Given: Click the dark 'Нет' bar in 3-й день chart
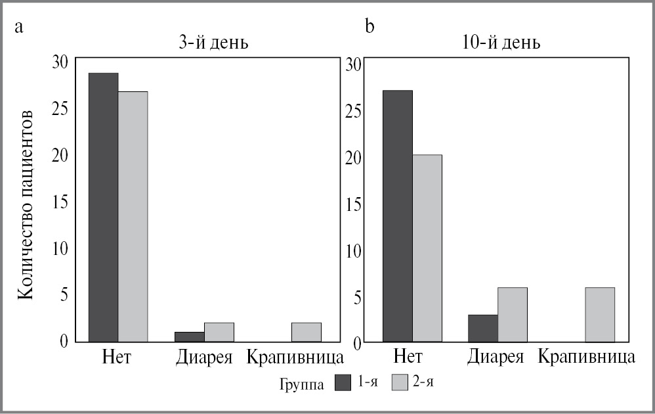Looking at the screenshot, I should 103,207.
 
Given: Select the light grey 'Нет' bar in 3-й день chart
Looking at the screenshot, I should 133,216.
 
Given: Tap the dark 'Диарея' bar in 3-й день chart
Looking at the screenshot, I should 189,336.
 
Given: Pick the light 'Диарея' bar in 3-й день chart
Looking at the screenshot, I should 219,332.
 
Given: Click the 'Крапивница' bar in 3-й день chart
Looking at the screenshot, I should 306,332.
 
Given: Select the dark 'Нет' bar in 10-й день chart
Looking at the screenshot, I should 398,216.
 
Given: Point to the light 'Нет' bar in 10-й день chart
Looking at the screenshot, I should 427,248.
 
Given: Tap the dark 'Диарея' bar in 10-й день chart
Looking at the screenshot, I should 482,329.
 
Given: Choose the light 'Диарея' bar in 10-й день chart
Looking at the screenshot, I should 512,315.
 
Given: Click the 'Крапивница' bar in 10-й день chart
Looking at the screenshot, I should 600,315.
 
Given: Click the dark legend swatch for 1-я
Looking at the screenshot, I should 344,382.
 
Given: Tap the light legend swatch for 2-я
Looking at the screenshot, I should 400,382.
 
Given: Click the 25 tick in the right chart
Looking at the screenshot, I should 354,110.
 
